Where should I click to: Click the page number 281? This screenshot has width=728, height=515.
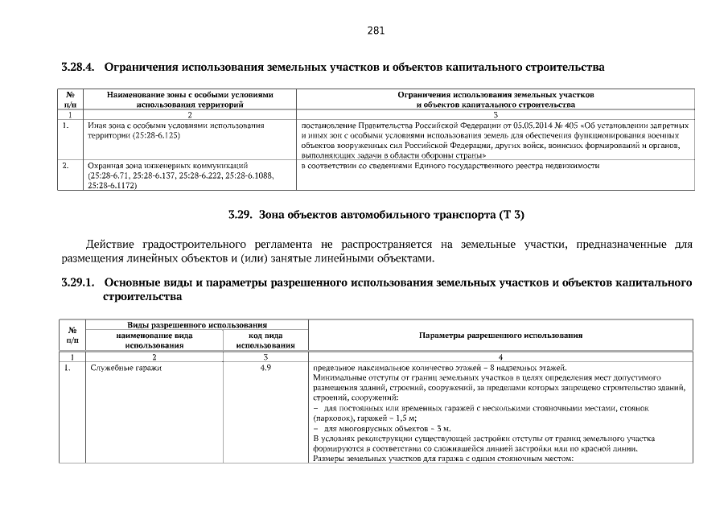(x=376, y=31)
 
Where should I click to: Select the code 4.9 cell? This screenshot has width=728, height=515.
(x=265, y=368)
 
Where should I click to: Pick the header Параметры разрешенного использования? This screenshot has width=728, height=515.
(x=500, y=335)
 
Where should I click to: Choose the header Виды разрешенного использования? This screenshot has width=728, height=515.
(x=196, y=324)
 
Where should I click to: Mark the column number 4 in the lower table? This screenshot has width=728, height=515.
(x=500, y=356)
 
